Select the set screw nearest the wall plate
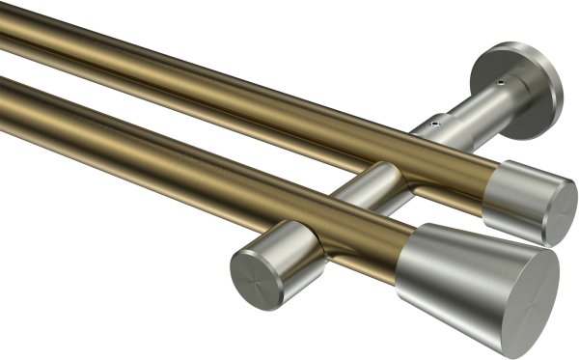(x=500, y=85)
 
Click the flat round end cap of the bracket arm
(x=256, y=279)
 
